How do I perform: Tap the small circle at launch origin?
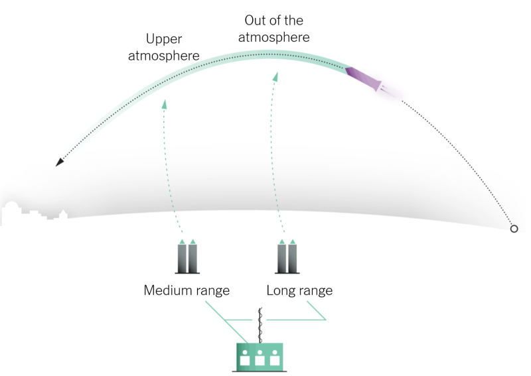click(513, 229)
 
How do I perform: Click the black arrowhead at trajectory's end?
click(60, 161)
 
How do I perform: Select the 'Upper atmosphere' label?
click(163, 48)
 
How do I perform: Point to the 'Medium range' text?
click(187, 290)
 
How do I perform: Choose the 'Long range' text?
click(299, 290)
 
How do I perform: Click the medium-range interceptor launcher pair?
click(187, 257)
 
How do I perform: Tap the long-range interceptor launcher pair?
click(287, 257)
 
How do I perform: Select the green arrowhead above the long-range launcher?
click(275, 77)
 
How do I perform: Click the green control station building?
click(260, 357)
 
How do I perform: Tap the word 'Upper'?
click(163, 39)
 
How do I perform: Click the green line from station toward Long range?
click(299, 320)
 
